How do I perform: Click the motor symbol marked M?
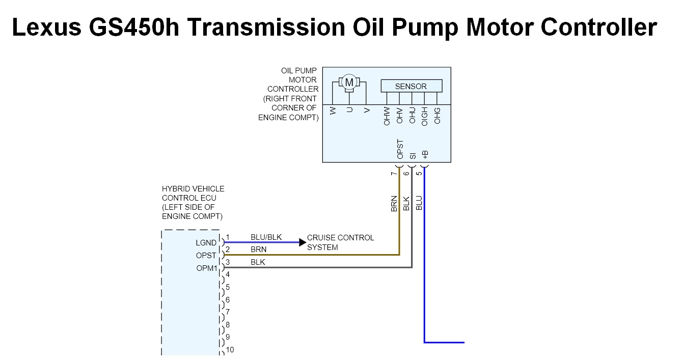tap(349, 82)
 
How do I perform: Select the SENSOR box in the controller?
tap(411, 86)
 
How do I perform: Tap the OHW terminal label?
tap(387, 116)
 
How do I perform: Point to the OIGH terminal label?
tap(425, 116)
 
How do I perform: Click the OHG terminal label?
tap(438, 116)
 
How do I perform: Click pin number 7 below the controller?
tap(394, 173)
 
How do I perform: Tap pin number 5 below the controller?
tap(419, 173)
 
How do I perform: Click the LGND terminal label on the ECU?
tap(206, 243)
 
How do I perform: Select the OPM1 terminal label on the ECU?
tap(206, 268)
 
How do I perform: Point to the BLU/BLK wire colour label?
tap(266, 237)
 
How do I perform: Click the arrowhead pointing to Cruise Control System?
tap(303, 242)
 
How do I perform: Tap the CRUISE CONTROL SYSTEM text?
tap(340, 242)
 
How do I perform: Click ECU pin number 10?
tap(230, 350)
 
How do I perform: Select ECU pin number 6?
tap(228, 300)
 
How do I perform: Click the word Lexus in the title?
tap(46, 27)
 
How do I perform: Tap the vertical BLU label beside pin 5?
tap(419, 203)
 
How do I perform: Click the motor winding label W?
tap(333, 110)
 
